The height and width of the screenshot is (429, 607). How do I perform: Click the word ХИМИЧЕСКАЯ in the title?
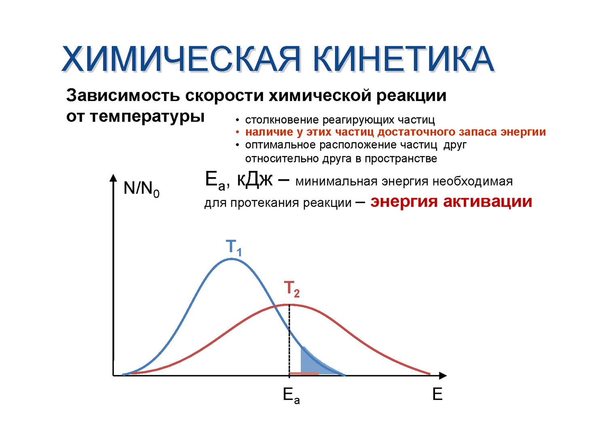(x=181, y=59)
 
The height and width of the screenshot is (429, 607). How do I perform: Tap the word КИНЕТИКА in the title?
(x=404, y=59)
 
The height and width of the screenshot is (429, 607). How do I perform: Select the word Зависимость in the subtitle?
(x=123, y=95)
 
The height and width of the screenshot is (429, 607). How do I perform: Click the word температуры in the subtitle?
(x=147, y=117)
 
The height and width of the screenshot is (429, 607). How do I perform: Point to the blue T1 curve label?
(x=233, y=247)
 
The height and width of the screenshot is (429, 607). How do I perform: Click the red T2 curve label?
(x=292, y=289)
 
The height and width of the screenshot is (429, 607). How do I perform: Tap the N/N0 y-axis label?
(x=142, y=189)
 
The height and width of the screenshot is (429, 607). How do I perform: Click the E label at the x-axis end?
(x=437, y=394)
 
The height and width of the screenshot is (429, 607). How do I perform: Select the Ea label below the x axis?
(x=291, y=396)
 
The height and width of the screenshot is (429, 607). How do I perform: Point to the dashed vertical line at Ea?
(x=289, y=340)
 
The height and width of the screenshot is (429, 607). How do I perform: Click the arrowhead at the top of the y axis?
(x=114, y=178)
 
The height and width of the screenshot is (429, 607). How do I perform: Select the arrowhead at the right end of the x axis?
(x=443, y=375)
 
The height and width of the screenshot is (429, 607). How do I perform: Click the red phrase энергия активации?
(x=451, y=201)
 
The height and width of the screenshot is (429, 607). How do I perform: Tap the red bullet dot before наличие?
(x=238, y=132)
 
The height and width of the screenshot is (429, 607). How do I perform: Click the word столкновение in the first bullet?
(x=282, y=120)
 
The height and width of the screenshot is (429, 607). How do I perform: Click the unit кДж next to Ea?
(x=255, y=180)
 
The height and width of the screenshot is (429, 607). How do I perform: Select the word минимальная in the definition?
(x=336, y=182)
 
